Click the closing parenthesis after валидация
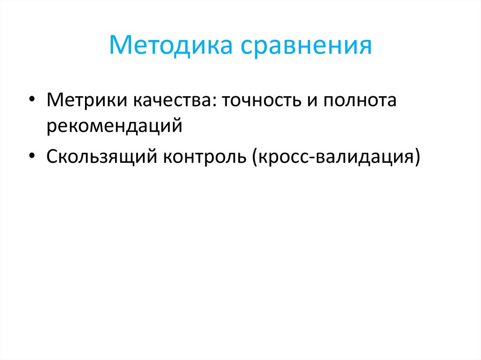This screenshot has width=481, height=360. coord(416,156)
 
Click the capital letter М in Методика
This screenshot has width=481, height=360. coord(120,46)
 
